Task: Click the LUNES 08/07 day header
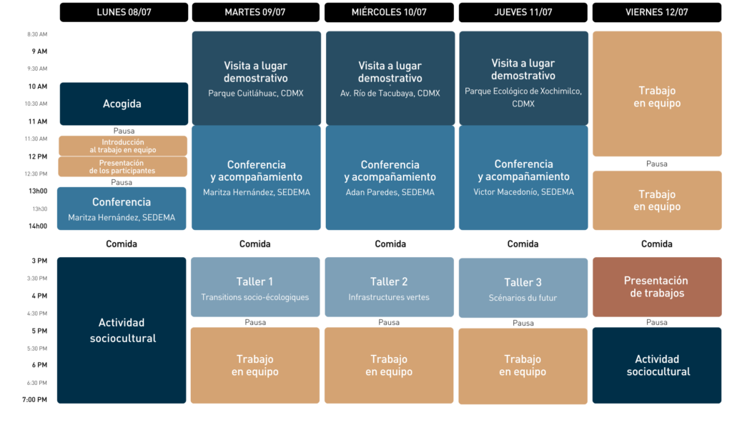pos(124,12)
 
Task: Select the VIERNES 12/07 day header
pos(657,12)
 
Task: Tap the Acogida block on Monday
pos(124,104)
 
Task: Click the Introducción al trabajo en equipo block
pos(123,146)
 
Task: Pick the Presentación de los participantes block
pos(122,166)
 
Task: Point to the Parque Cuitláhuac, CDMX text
pos(256,94)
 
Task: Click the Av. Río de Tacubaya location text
pos(390,94)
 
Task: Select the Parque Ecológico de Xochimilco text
pos(523,97)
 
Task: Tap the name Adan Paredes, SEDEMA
pos(390,192)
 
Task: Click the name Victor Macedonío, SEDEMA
pos(523,191)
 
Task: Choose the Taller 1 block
pos(255,287)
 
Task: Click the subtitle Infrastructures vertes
pos(389,297)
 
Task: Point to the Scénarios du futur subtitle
pos(523,298)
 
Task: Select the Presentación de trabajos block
pos(657,287)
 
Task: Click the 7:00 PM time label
pos(34,399)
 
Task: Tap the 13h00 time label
pos(38,191)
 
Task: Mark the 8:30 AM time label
pos(37,34)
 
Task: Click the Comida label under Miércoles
pos(390,244)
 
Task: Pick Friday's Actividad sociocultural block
pos(657,365)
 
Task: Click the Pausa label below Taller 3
pos(523,323)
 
